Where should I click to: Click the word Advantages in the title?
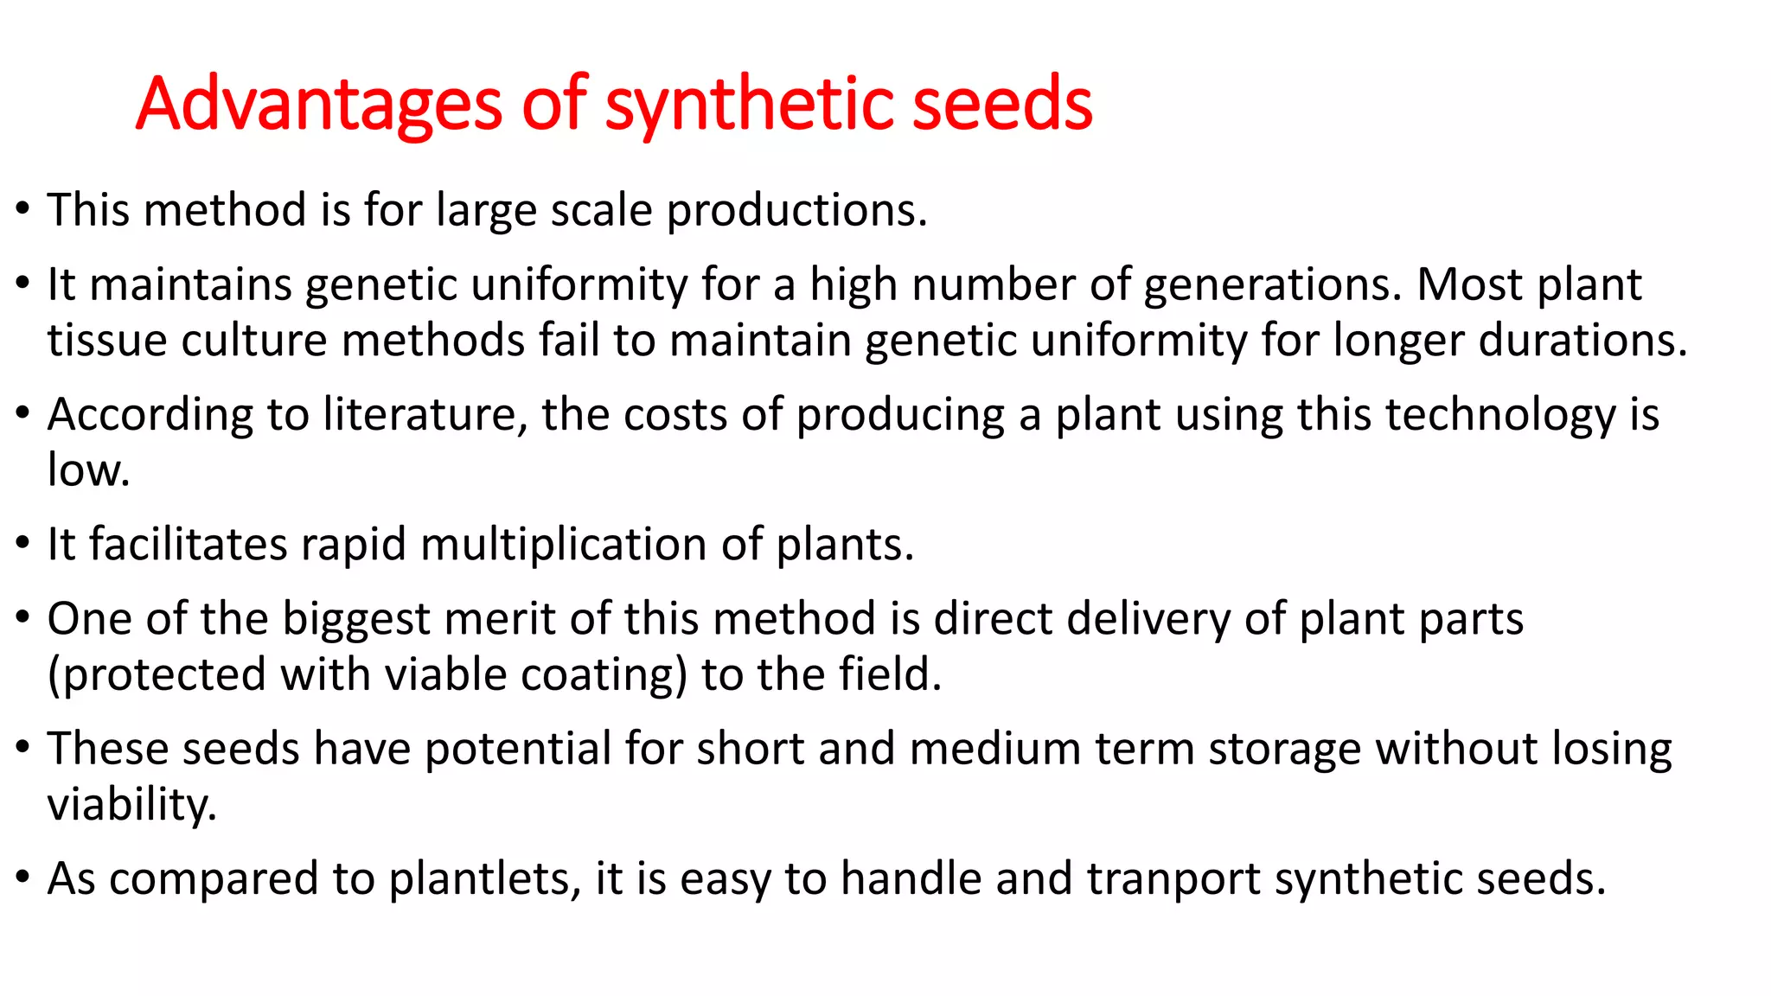pyautogui.click(x=318, y=105)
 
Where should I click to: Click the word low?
pyautogui.click(x=87, y=470)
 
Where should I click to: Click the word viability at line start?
pyautogui.click(x=131, y=805)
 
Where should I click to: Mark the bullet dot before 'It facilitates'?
pyautogui.click(x=23, y=544)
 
